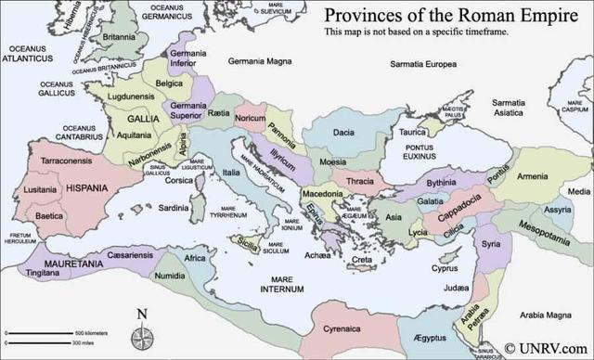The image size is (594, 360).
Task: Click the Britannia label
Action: click(x=118, y=38)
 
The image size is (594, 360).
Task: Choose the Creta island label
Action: click(x=362, y=259)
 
